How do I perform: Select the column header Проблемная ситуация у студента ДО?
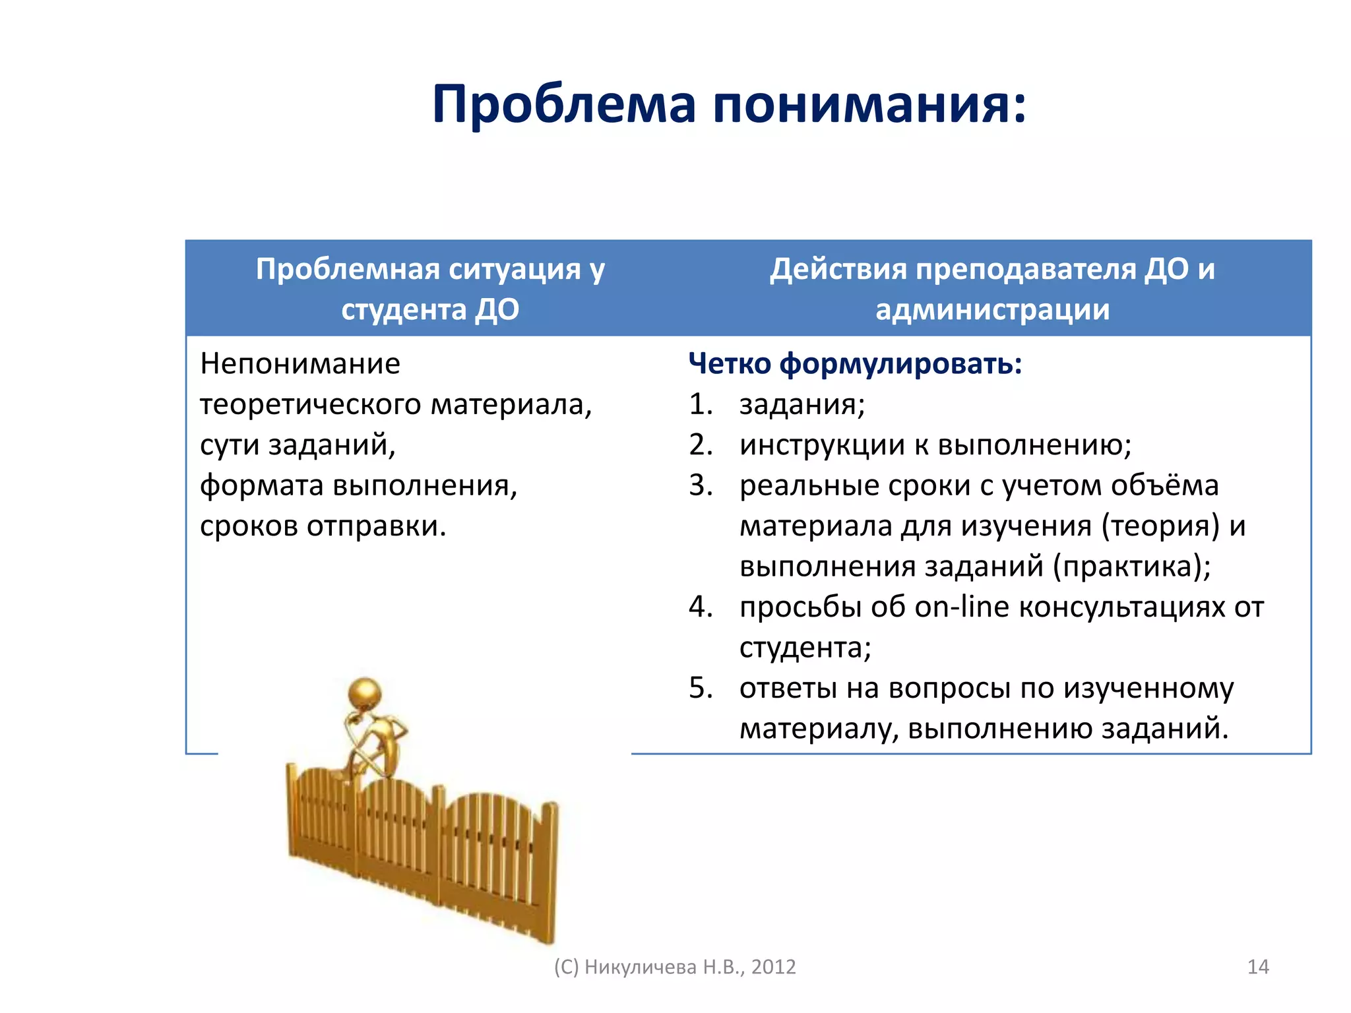click(430, 289)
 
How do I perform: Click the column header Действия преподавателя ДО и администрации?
click(992, 289)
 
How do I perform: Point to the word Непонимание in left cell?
click(300, 364)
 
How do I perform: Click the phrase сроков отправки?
click(323, 526)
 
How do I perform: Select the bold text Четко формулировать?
click(855, 364)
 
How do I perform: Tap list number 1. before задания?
click(701, 404)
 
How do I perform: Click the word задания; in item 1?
click(801, 405)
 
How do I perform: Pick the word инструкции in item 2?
click(822, 445)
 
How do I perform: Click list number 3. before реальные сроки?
click(701, 485)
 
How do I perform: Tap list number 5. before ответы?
click(701, 689)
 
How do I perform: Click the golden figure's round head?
click(364, 694)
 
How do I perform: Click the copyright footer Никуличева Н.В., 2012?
click(690, 967)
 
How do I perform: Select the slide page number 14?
click(1258, 967)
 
